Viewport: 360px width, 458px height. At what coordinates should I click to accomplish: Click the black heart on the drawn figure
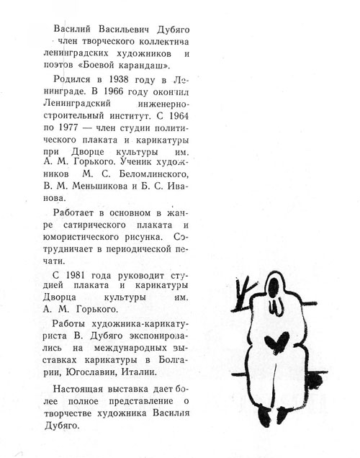(x=275, y=341)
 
